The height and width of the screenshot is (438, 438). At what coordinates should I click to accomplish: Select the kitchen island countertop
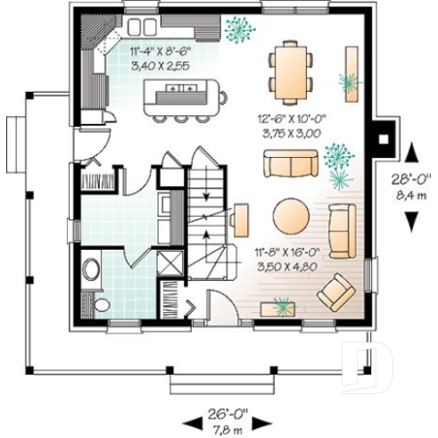[x=182, y=90]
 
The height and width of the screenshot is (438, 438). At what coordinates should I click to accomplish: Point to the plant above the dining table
[x=238, y=29]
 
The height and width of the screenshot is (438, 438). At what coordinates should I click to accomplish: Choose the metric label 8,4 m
[x=409, y=194]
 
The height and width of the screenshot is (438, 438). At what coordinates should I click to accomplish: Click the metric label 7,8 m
[x=227, y=429]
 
